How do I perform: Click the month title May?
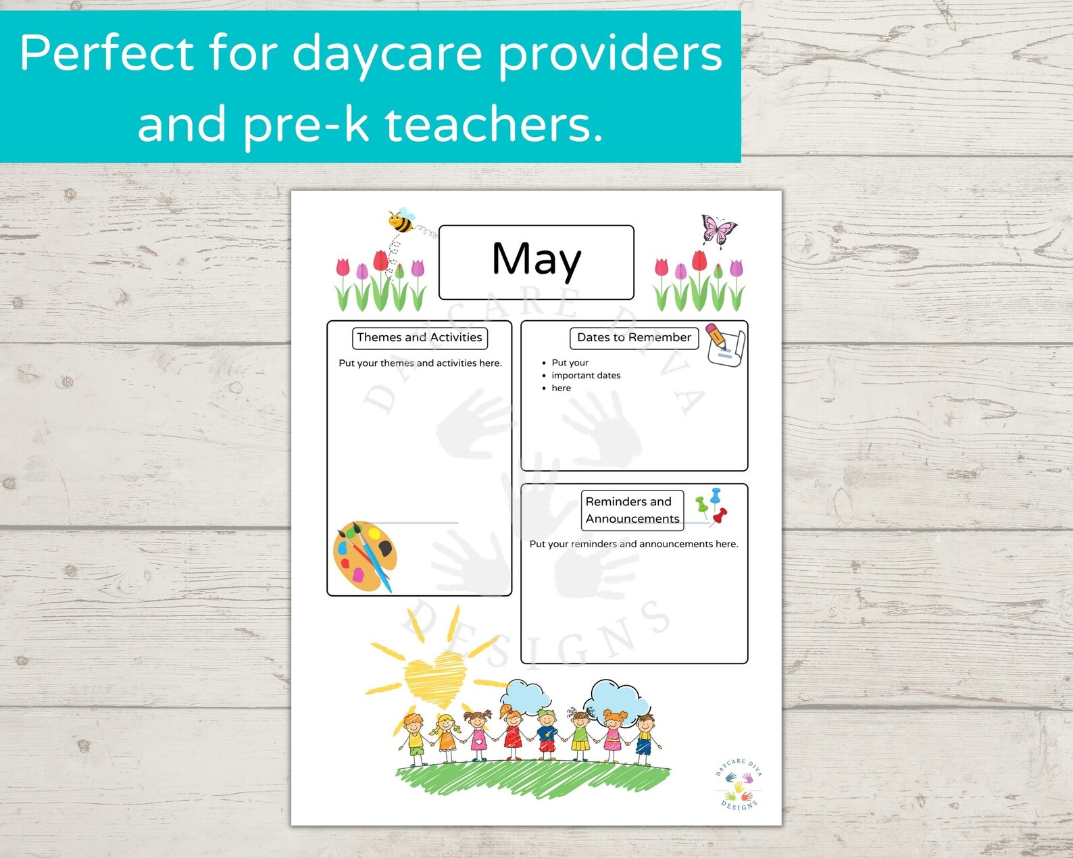536,260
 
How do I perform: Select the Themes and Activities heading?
420,338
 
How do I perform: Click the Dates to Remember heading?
634,338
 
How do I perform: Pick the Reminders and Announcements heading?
632,510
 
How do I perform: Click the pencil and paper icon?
724,345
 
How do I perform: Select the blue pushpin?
716,495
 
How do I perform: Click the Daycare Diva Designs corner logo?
739,784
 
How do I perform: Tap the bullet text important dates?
586,376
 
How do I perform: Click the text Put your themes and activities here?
420,363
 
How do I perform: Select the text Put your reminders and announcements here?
634,544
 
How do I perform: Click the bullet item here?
561,388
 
